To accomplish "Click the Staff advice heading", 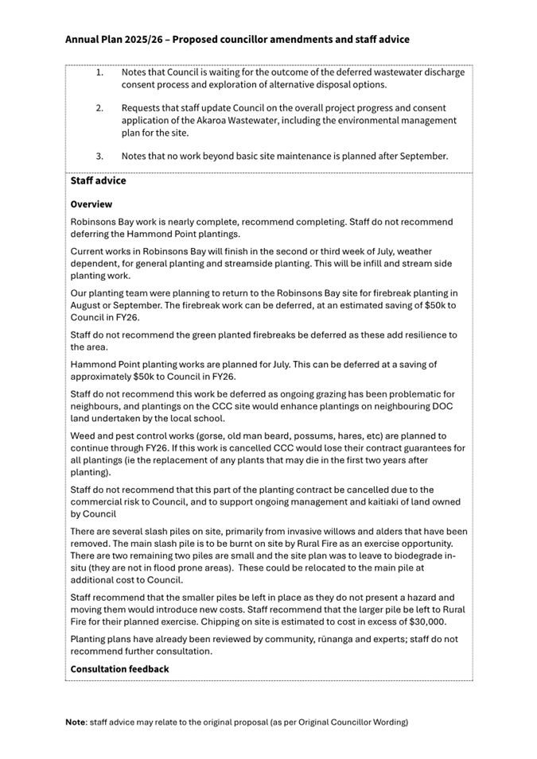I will [x=98, y=181].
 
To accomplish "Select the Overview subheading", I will [x=91, y=204].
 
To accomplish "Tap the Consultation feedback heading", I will [x=119, y=669].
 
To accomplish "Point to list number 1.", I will [x=99, y=72].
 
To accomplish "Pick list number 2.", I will [x=99, y=107].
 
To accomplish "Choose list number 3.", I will [x=99, y=156].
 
